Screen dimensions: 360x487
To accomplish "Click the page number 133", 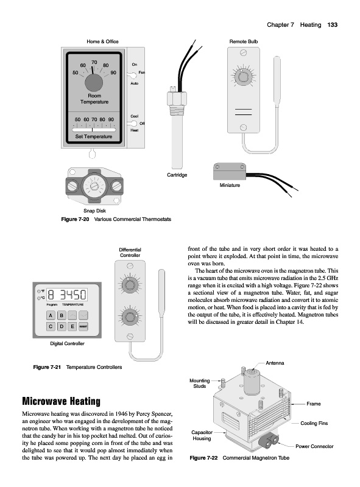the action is pyautogui.click(x=333, y=25).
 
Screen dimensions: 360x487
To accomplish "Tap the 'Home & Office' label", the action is pyautogui.click(x=102, y=41).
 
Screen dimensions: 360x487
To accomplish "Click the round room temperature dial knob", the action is pyautogui.click(x=94, y=83).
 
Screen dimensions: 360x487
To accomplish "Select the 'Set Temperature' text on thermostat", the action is pyautogui.click(x=94, y=136).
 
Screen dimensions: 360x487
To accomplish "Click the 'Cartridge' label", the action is pyautogui.click(x=177, y=175).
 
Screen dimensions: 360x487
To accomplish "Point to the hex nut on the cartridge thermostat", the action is pyautogui.click(x=177, y=98).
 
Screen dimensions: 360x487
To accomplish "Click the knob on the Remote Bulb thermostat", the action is pyautogui.click(x=243, y=76).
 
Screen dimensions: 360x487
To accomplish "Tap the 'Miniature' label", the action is pyautogui.click(x=230, y=185).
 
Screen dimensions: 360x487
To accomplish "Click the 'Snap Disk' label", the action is pyautogui.click(x=94, y=211).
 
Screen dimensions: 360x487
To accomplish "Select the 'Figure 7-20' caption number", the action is pyautogui.click(x=75, y=219).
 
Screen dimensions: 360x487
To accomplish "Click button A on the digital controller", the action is pyautogui.click(x=51, y=315).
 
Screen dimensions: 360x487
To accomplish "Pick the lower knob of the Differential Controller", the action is pyautogui.click(x=130, y=317).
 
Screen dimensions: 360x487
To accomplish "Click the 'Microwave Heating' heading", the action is pyautogui.click(x=62, y=401).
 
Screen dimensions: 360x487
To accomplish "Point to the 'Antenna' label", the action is pyautogui.click(x=275, y=363).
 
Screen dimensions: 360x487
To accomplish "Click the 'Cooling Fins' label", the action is pyautogui.click(x=314, y=423).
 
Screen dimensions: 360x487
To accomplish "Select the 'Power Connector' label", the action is pyautogui.click(x=314, y=446).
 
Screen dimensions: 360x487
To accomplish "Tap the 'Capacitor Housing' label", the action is pyautogui.click(x=202, y=435).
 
